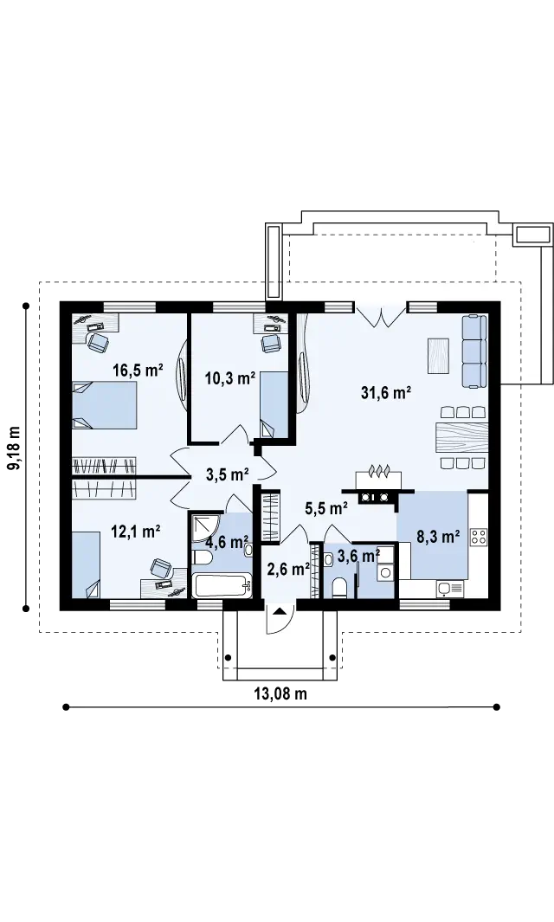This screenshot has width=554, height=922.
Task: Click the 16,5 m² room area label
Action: (x=138, y=371)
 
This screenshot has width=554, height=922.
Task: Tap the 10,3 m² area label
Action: (x=230, y=378)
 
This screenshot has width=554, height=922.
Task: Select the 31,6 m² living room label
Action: (x=386, y=393)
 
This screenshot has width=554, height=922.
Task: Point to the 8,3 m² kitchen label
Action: (x=438, y=536)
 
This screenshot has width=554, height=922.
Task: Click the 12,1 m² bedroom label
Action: (x=136, y=532)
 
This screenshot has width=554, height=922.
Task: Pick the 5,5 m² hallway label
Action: (x=325, y=507)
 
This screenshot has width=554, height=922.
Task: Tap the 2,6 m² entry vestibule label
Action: (x=288, y=569)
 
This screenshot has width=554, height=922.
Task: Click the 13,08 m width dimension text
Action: (x=280, y=693)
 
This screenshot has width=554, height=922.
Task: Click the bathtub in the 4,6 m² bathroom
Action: (x=221, y=585)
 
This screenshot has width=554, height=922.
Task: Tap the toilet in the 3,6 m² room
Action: (x=338, y=587)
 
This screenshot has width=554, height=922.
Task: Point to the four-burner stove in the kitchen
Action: (x=479, y=536)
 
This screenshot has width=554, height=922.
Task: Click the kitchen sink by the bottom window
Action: (x=450, y=588)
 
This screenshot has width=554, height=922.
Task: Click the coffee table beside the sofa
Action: (x=439, y=356)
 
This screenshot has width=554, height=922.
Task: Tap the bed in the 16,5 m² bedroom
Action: (x=105, y=405)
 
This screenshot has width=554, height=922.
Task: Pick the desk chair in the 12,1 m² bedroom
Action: (x=160, y=568)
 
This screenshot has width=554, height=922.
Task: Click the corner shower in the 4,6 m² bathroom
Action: (x=206, y=527)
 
